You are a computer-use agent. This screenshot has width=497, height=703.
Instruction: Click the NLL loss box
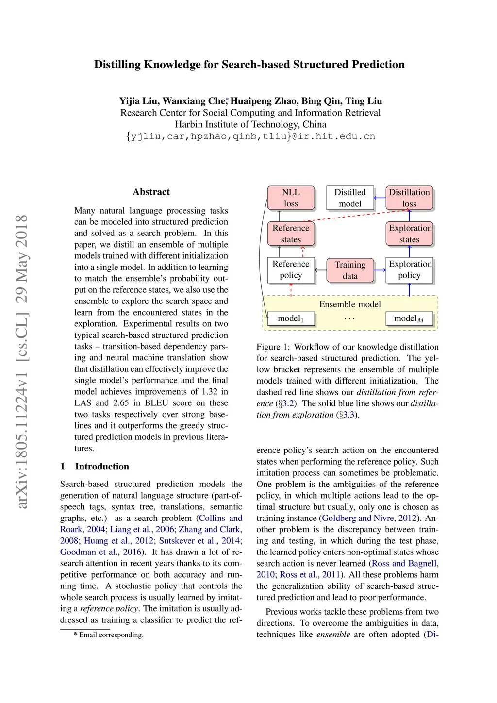point(291,198)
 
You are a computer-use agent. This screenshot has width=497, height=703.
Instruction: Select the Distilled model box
point(350,198)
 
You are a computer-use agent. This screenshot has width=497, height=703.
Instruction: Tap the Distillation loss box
point(409,198)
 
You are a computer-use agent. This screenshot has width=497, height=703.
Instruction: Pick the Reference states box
point(291,234)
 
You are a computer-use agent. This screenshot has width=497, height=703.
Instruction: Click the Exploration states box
point(409,234)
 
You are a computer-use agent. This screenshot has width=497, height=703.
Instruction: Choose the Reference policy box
point(291,269)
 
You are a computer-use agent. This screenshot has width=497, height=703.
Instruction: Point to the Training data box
point(350,270)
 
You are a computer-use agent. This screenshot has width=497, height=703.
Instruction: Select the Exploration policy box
point(409,269)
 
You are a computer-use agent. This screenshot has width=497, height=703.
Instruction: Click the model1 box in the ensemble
point(291,318)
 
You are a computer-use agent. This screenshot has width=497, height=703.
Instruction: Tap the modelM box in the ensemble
point(409,318)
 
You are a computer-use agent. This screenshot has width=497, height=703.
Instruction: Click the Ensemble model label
point(350,304)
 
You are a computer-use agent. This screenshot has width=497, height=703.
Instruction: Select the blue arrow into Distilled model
point(380,198)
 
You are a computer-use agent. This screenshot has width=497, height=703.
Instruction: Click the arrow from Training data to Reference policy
point(321,270)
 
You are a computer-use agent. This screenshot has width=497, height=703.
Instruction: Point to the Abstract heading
point(151,192)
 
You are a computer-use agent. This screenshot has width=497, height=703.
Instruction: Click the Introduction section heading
point(102,467)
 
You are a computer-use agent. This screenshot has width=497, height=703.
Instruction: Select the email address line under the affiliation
point(250,136)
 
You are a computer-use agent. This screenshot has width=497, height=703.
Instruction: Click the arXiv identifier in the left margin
point(21,361)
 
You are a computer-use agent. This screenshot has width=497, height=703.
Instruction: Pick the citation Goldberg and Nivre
point(358,518)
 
